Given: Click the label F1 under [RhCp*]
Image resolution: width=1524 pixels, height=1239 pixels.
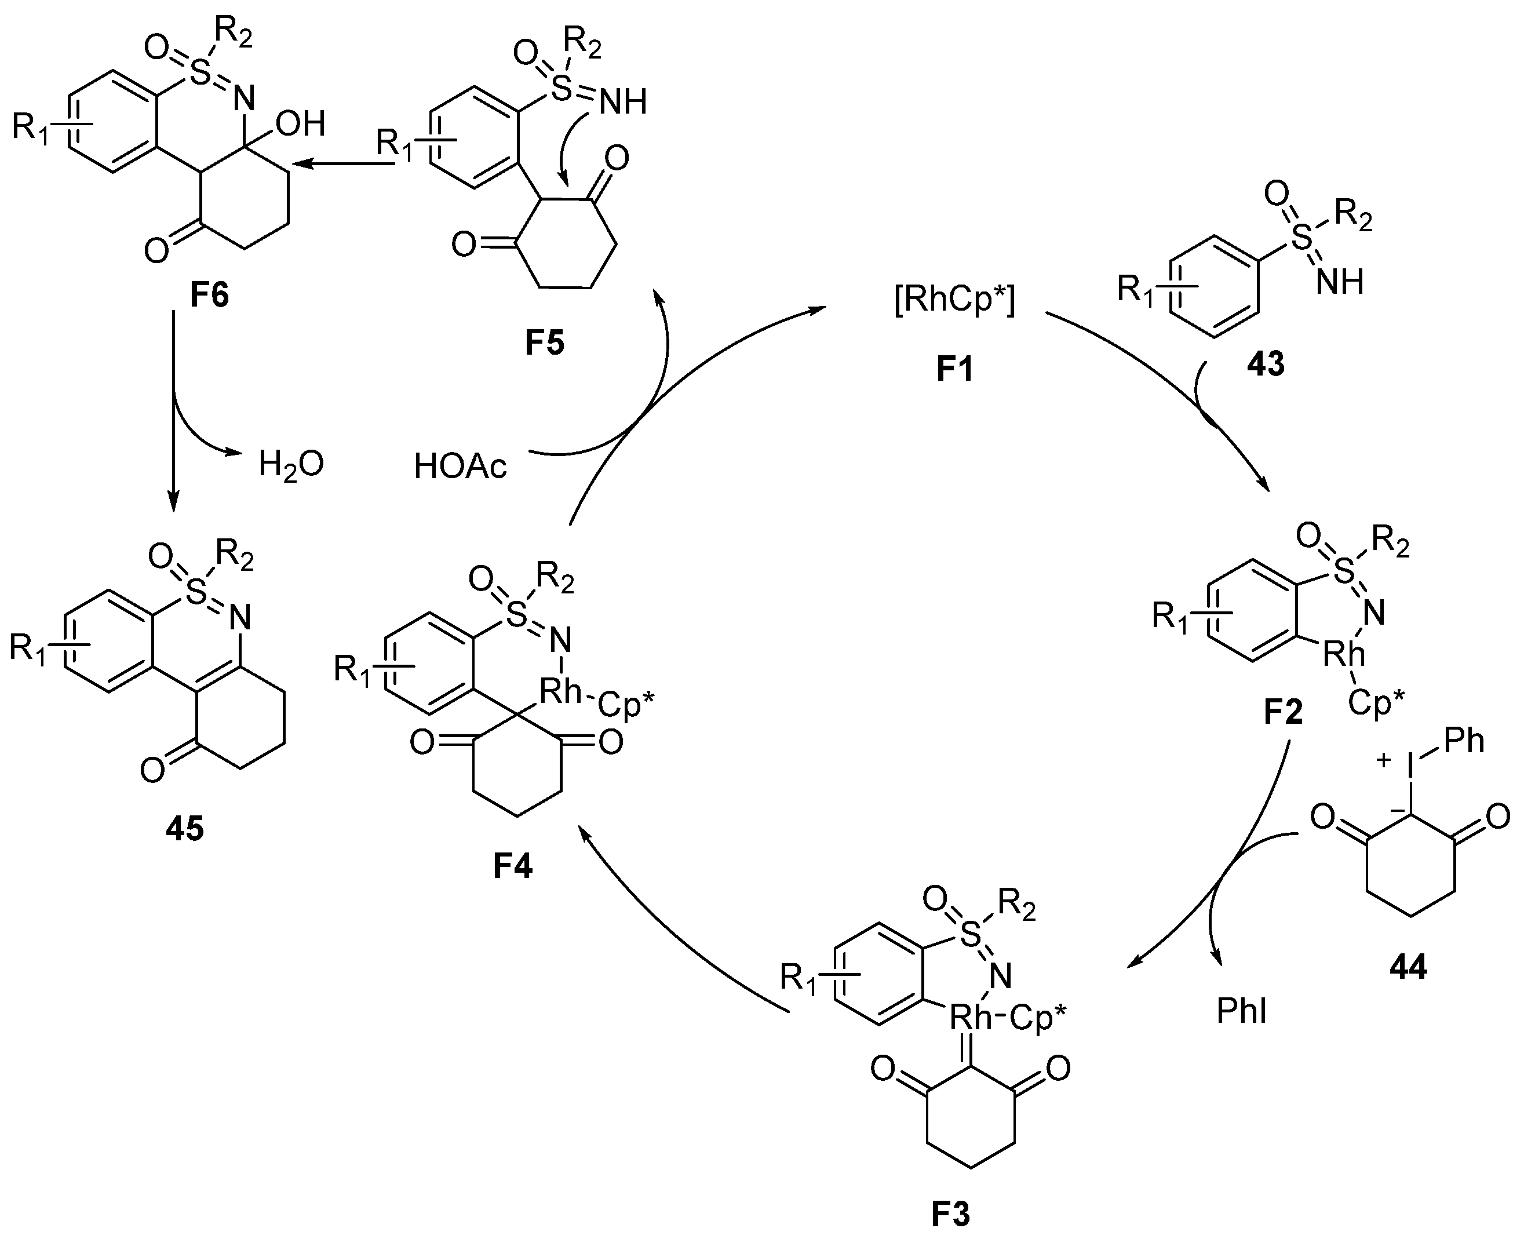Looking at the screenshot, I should (x=954, y=369).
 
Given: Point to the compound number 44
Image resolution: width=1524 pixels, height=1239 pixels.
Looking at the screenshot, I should (x=1408, y=968).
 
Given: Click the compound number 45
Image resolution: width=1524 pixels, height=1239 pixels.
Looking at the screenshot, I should (x=185, y=829).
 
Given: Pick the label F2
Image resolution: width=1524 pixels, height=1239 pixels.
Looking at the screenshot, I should (x=1283, y=712).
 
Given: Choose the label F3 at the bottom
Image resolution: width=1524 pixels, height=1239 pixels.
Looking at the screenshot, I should (x=950, y=1214).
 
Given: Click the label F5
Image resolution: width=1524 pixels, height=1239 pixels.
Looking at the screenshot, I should (x=544, y=342).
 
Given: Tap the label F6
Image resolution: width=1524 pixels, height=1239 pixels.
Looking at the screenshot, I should (x=209, y=295).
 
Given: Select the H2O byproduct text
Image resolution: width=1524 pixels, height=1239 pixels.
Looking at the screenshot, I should (x=291, y=465).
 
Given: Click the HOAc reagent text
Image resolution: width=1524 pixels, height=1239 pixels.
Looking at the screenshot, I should (x=460, y=467).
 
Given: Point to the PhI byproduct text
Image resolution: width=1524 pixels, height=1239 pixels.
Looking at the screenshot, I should (x=1241, y=1011).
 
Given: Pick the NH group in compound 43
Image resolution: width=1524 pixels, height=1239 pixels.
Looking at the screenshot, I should (x=1339, y=283).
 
